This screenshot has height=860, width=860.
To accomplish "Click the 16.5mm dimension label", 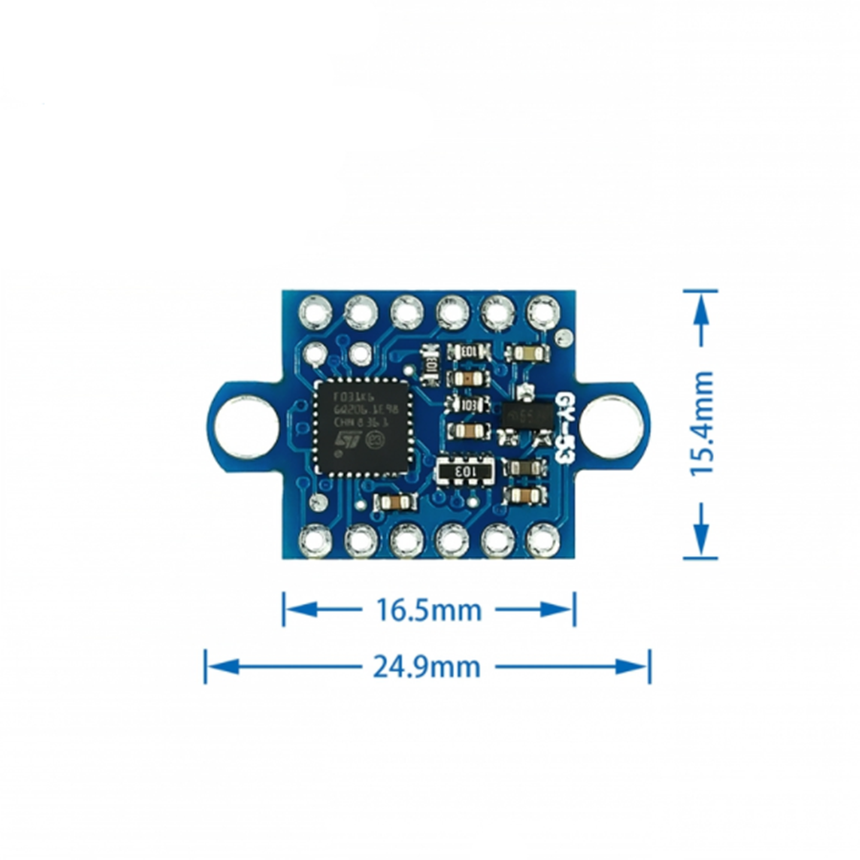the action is (429, 609).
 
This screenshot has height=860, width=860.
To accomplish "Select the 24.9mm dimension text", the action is (429, 665).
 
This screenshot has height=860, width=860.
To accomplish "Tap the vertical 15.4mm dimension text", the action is (703, 423).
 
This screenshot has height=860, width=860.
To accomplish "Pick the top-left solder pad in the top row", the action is (315, 311).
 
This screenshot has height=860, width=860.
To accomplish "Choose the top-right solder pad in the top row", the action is (543, 311).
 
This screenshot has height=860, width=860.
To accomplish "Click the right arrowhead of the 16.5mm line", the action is (565, 609).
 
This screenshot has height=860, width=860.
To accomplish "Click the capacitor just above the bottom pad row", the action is (394, 503).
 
